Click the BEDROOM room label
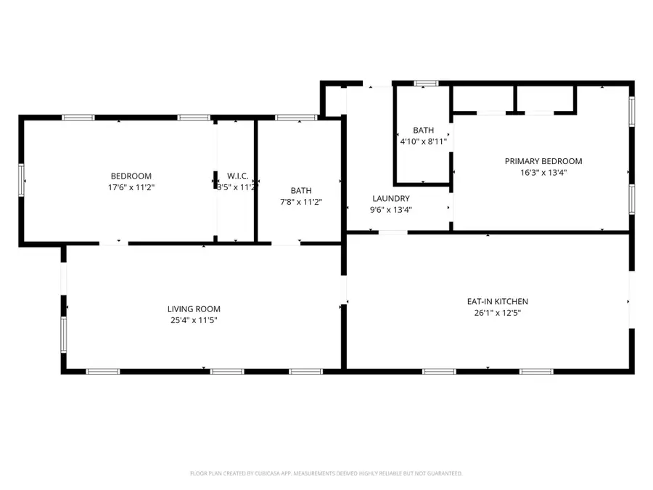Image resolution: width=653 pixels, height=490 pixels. [x=131, y=176]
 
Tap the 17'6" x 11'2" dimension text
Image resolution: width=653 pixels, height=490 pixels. [x=131, y=187]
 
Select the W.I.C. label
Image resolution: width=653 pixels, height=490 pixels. [x=237, y=176]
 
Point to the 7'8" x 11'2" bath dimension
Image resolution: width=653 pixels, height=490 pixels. [x=301, y=202]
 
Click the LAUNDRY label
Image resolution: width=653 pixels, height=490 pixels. [x=391, y=198]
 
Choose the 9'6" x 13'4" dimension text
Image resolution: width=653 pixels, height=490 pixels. [x=391, y=211]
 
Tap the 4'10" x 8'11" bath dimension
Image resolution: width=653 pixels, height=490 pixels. [x=423, y=142]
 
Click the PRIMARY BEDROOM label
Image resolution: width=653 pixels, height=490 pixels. [x=543, y=161]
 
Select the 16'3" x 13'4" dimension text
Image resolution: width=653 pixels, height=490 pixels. [x=543, y=173]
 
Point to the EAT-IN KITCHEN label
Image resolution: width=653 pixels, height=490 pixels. [x=497, y=301]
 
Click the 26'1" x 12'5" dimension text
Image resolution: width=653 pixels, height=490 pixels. [x=497, y=314]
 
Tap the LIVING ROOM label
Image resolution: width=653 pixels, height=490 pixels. [x=194, y=309]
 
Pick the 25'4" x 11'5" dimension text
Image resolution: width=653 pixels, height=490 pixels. [x=194, y=320]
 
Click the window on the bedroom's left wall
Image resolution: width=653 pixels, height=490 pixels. [x=22, y=179]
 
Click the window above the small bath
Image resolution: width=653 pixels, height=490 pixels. [x=426, y=84]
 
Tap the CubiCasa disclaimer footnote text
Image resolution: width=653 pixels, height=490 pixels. [x=326, y=473]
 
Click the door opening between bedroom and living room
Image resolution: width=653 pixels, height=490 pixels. [x=114, y=242]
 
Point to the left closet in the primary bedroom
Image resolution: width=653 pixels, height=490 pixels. [x=482, y=99]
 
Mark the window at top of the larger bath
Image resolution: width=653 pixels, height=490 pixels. [x=296, y=117]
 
